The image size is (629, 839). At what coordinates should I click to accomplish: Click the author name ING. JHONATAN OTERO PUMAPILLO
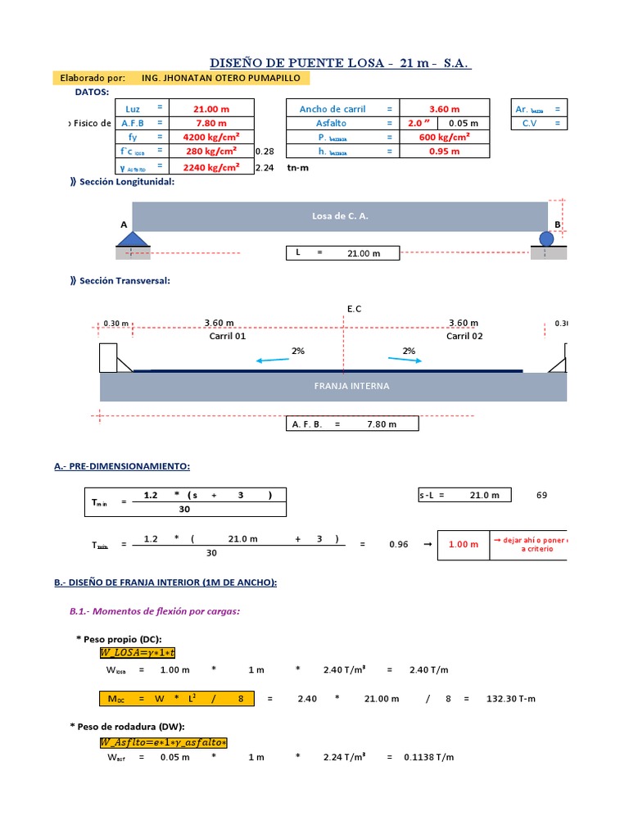click(221, 78)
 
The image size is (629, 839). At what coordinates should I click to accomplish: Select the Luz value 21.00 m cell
click(210, 109)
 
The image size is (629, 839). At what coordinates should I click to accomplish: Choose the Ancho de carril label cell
click(333, 109)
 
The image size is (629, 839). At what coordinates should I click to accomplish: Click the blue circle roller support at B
click(547, 238)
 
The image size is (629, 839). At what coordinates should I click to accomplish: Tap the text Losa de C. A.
click(340, 216)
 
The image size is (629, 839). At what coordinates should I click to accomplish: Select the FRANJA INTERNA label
click(351, 386)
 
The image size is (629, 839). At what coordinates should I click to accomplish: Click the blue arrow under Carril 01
click(272, 360)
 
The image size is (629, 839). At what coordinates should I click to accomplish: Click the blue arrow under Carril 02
click(405, 360)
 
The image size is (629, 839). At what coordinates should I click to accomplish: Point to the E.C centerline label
click(354, 309)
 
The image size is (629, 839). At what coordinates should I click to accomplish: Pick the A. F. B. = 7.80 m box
click(351, 424)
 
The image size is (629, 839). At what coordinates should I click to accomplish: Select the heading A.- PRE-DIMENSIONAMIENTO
click(122, 466)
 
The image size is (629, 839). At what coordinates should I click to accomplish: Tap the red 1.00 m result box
click(463, 544)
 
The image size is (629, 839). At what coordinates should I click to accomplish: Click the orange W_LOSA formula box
click(138, 652)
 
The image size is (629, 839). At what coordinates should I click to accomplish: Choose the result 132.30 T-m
click(511, 699)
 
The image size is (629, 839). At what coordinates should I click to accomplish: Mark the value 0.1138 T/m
click(428, 757)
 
